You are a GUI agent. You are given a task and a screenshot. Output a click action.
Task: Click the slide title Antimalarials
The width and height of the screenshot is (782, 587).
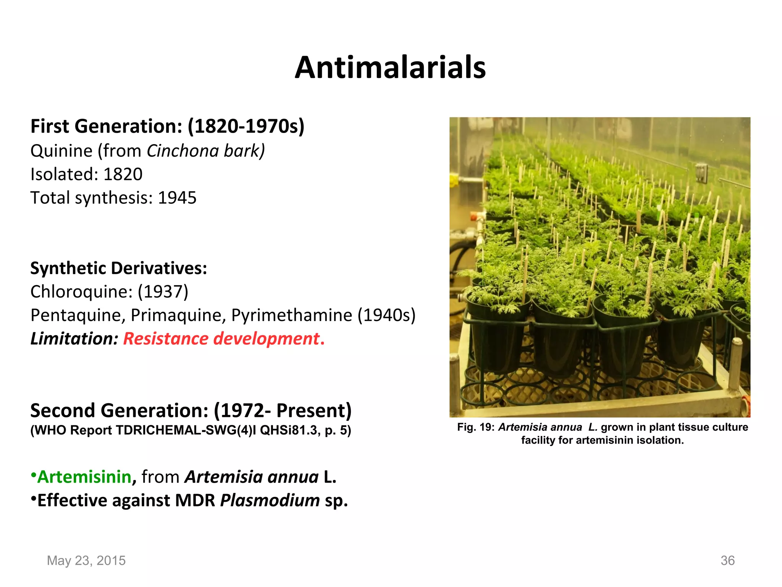390,68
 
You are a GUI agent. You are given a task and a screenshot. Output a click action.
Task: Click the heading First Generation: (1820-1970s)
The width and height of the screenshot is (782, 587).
167,126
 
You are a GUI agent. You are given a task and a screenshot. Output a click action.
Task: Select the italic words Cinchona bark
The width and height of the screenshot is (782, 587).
205,151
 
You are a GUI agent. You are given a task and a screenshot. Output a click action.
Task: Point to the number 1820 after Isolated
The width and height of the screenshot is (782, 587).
123,175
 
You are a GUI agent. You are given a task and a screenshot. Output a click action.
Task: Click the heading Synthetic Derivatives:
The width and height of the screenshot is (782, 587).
118,268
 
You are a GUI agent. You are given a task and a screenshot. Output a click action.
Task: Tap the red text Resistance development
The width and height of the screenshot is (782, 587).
223,339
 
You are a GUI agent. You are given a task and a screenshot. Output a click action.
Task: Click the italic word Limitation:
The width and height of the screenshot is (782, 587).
74,339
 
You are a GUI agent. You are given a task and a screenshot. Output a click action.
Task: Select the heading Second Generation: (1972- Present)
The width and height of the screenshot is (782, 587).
191,411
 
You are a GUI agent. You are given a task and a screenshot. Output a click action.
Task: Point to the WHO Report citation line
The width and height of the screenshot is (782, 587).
191,430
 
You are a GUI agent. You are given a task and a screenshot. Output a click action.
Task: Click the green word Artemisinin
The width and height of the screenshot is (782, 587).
84,477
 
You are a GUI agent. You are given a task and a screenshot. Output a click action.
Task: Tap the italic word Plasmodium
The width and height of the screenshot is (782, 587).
270,501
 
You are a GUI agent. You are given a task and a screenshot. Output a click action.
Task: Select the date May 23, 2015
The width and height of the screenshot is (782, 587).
86,561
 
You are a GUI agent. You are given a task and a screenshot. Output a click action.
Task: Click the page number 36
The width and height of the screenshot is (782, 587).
727,561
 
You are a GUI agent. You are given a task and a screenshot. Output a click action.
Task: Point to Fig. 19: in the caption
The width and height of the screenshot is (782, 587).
476,427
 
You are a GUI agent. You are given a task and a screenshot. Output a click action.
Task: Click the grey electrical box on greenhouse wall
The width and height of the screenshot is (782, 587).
701,173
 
